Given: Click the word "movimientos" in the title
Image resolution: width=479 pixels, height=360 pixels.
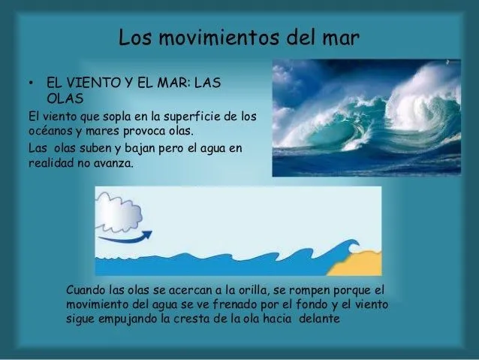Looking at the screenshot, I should point(221,37).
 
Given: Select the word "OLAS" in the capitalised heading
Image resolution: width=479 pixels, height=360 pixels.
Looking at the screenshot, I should point(64,98).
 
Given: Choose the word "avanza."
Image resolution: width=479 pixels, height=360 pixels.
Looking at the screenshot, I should point(113,162).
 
